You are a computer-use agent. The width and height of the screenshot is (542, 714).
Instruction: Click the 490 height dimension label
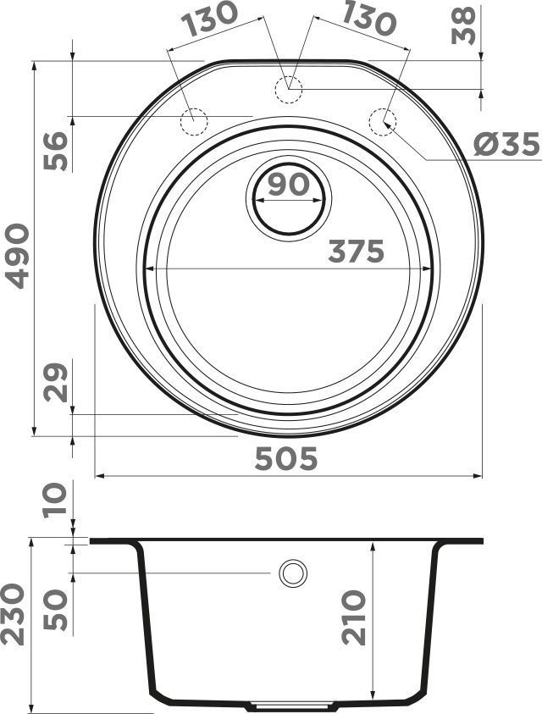[19, 256]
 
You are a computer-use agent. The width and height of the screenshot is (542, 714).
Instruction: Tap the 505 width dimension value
[286, 458]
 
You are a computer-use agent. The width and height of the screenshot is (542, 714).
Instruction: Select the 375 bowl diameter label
[357, 252]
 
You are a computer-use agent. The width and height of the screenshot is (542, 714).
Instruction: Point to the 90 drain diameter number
[288, 185]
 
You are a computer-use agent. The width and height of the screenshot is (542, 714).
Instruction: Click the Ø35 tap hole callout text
[506, 146]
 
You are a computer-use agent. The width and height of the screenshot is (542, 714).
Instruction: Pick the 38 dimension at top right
[463, 25]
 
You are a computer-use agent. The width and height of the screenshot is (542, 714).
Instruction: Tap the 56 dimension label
[56, 151]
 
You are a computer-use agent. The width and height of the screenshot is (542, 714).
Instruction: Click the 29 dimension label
[56, 382]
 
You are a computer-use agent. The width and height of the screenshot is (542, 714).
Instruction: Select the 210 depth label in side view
[354, 617]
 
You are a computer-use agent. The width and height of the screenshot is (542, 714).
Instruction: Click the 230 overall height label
[13, 614]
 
